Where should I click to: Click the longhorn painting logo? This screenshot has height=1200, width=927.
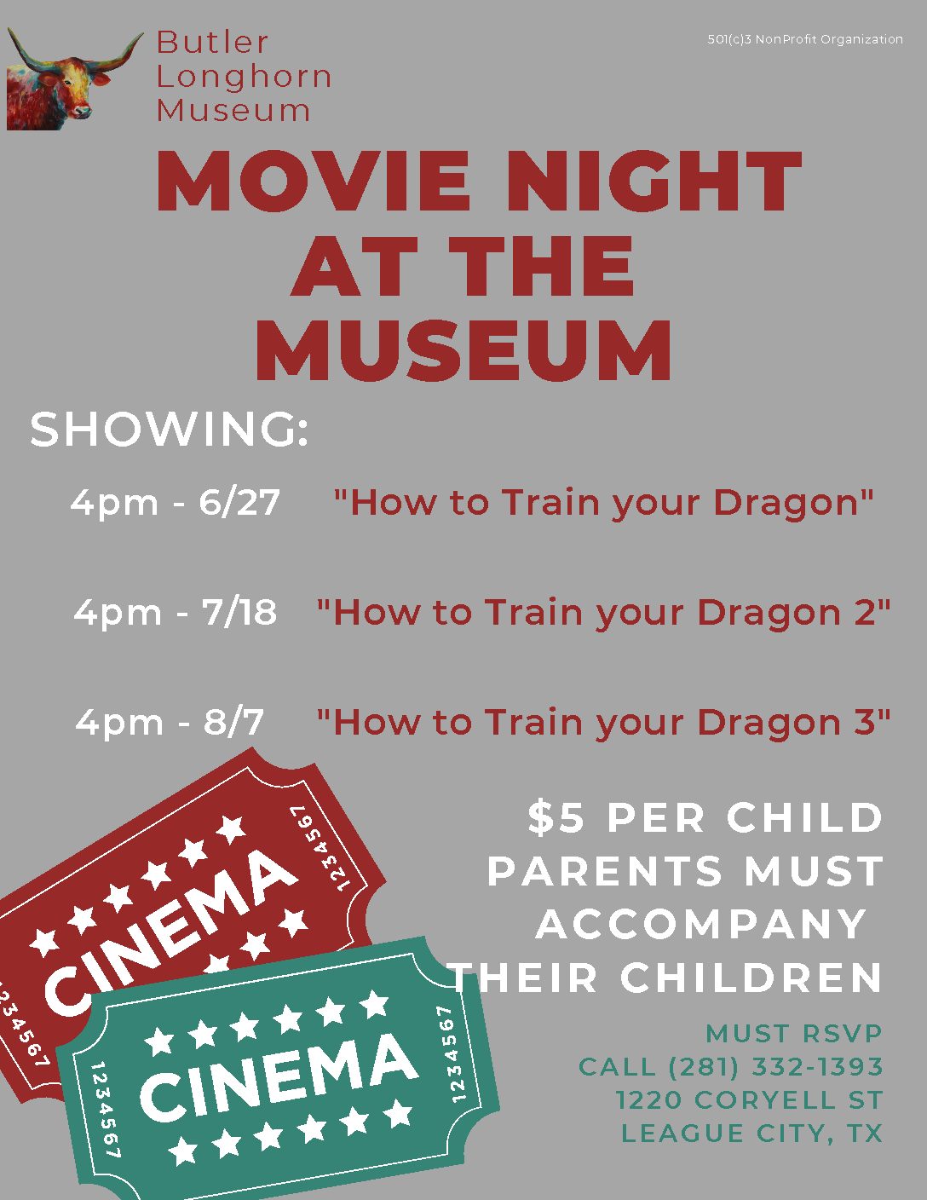click(x=74, y=79)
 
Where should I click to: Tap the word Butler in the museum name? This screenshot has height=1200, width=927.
click(x=212, y=42)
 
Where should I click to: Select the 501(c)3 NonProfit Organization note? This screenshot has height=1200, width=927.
click(x=805, y=40)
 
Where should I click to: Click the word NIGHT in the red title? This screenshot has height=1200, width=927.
click(x=654, y=181)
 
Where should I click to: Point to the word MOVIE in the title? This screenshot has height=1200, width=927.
click(x=313, y=181)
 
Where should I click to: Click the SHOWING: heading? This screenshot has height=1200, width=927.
click(x=169, y=429)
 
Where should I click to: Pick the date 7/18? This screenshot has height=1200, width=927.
click(x=239, y=612)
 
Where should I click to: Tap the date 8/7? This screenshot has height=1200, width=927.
click(x=233, y=722)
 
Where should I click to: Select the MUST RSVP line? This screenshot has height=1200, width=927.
click(x=794, y=1034)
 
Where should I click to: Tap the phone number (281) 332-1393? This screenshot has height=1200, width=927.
click(x=775, y=1067)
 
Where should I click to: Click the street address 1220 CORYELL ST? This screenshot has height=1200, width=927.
click(x=749, y=1100)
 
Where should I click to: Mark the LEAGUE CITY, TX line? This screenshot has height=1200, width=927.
click(x=751, y=1134)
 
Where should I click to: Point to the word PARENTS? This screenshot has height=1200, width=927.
click(x=605, y=871)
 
